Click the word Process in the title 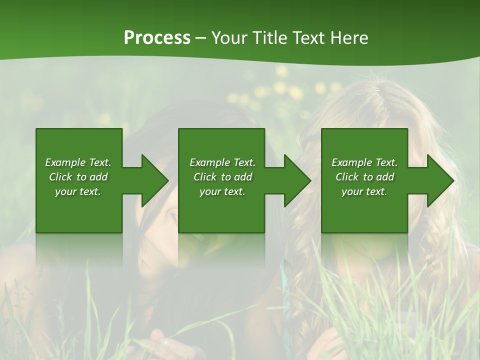click(157, 38)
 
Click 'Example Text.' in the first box click(78, 162)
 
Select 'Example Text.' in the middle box click(222, 162)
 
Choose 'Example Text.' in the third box click(364, 162)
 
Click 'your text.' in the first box click(78, 191)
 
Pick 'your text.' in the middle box click(222, 191)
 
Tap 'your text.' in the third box click(364, 191)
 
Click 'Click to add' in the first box click(78, 177)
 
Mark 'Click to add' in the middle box click(222, 177)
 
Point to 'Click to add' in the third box click(364, 177)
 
